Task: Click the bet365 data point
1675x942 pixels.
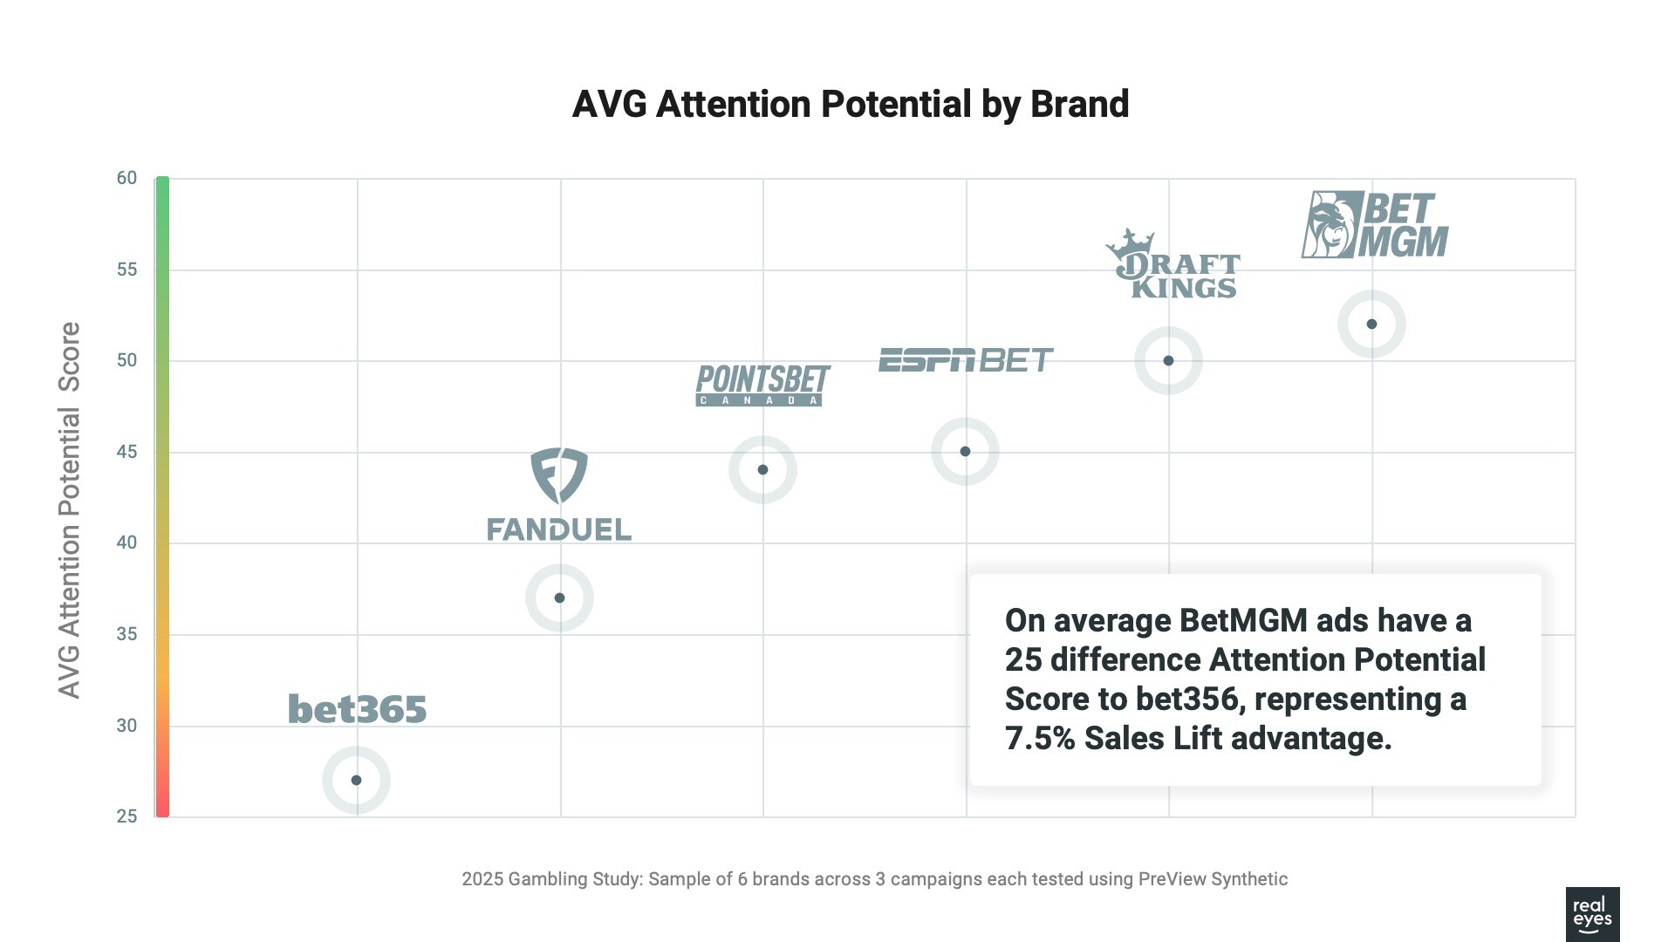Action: click(x=356, y=780)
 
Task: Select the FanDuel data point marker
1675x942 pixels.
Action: click(x=559, y=597)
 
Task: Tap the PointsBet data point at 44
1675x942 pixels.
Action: click(x=762, y=469)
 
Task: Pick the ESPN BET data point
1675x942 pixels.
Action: click(x=965, y=451)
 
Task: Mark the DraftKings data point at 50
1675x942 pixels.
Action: click(x=1168, y=360)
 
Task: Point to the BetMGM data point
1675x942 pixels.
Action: click(x=1371, y=324)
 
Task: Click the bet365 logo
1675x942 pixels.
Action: click(x=357, y=709)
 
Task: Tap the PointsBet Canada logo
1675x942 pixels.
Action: click(x=762, y=385)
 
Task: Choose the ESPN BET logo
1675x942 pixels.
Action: click(x=965, y=359)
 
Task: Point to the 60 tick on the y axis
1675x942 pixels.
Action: click(x=127, y=178)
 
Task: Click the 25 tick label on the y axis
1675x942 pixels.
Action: click(x=127, y=816)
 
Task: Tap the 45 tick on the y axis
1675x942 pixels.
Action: click(x=127, y=452)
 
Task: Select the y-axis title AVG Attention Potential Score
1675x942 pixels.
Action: click(x=69, y=510)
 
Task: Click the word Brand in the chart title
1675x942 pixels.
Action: click(x=1079, y=104)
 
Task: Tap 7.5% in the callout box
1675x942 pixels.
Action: click(x=1040, y=739)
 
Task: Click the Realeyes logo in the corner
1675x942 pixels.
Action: click(x=1592, y=914)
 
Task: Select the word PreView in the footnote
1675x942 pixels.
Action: click(x=1172, y=879)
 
